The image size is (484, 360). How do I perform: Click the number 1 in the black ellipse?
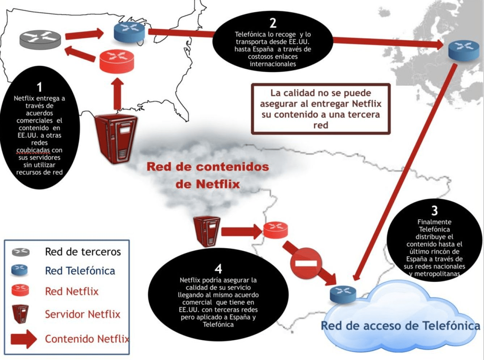pyautogui.click(x=39, y=87)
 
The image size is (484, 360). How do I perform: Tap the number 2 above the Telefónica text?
pyautogui.click(x=273, y=23)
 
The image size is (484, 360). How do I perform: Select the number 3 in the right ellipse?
pyautogui.click(x=434, y=210)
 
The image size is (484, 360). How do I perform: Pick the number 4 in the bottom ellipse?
pyautogui.click(x=218, y=269)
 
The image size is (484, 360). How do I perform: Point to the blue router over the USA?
pyautogui.click(x=129, y=31)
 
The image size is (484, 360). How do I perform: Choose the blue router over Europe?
pyautogui.click(x=463, y=50)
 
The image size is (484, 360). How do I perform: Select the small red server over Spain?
pyautogui.click(x=207, y=230)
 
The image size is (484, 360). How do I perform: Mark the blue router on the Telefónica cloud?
pyautogui.click(x=343, y=293)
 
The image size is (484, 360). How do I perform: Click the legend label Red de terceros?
pyautogui.click(x=83, y=252)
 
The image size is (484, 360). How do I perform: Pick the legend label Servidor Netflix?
pyautogui.click(x=82, y=314)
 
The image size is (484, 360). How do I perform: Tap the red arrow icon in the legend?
pyautogui.click(x=24, y=339)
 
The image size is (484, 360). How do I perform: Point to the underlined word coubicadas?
pyautogui.click(x=33, y=150)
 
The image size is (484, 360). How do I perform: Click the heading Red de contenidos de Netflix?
pyautogui.click(x=208, y=175)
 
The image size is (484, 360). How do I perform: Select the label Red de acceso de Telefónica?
pyautogui.click(x=400, y=326)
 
